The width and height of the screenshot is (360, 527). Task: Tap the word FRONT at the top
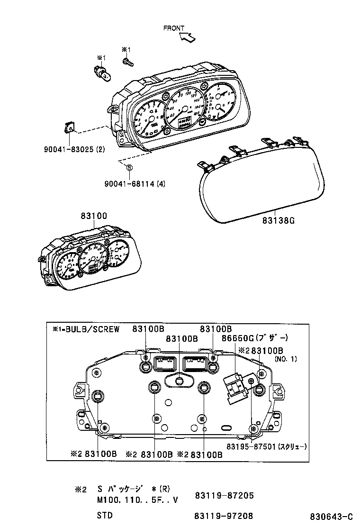pyautogui.click(x=173, y=28)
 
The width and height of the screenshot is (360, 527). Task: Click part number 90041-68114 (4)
pyautogui.click(x=135, y=184)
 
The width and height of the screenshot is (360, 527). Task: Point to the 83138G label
pyautogui.click(x=282, y=221)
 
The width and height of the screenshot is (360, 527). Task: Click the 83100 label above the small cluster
pyautogui.click(x=93, y=216)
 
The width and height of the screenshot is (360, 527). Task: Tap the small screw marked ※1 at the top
pyautogui.click(x=127, y=61)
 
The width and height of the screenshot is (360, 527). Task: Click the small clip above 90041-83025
pyautogui.click(x=69, y=127)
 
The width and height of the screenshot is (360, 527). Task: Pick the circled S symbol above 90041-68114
pyautogui.click(x=129, y=167)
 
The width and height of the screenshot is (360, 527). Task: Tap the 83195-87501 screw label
pyautogui.click(x=266, y=446)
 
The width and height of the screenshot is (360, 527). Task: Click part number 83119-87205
pyautogui.click(x=224, y=495)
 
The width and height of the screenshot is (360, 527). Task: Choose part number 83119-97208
pyautogui.click(x=224, y=516)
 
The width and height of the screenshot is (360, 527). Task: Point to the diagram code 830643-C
pyautogui.click(x=332, y=516)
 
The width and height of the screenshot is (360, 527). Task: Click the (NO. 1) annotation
pyautogui.click(x=286, y=359)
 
